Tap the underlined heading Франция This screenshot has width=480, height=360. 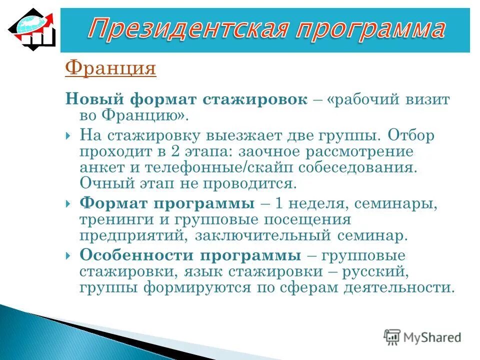click(110, 67)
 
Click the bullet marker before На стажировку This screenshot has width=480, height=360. click(68, 136)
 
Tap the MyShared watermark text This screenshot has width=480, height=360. click(430, 337)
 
